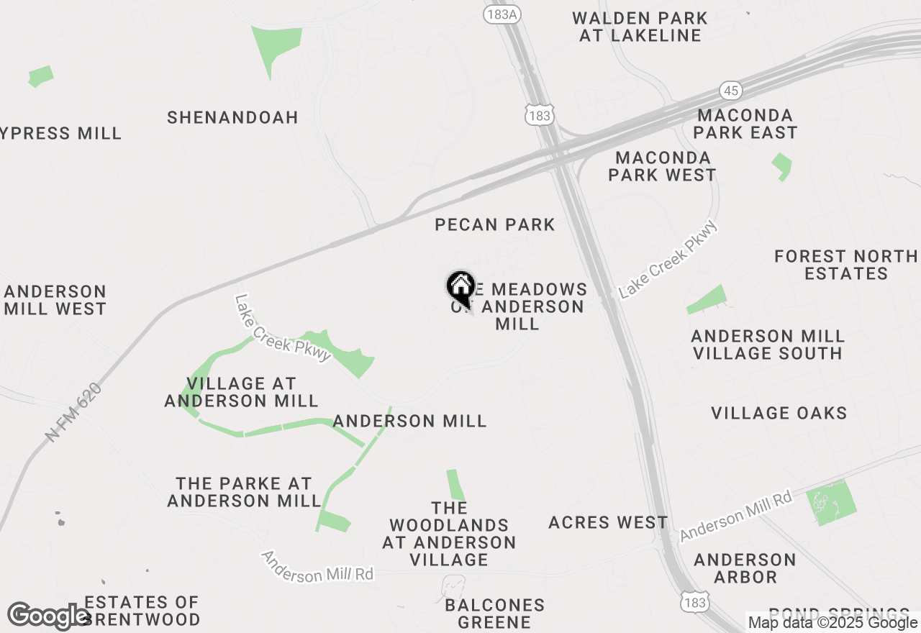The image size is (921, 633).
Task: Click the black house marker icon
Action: [460, 288]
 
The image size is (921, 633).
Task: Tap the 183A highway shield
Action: [501, 14]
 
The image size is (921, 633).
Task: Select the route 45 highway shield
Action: [730, 91]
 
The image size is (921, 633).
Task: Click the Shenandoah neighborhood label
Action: [232, 117]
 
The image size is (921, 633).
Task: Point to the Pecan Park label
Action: [495, 224]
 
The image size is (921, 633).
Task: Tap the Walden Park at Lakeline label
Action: [640, 27]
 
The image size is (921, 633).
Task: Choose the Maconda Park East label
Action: [745, 124]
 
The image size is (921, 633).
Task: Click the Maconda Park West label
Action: [662, 166]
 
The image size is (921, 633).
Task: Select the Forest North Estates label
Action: [846, 265]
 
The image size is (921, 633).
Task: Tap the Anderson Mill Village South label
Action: [766, 345]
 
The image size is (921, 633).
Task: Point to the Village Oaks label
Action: [779, 413]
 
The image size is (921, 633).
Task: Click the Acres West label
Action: [608, 522]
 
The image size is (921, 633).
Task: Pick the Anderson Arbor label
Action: [745, 568]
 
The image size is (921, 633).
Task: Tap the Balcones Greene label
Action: [495, 614]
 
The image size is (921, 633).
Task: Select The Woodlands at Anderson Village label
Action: [449, 534]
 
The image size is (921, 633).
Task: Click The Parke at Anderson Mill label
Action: [244, 492]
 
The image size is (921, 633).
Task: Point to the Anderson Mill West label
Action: [55, 300]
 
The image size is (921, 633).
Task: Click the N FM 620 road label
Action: [74, 411]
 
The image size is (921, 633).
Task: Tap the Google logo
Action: [48, 616]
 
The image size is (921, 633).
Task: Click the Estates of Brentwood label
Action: [141, 611]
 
